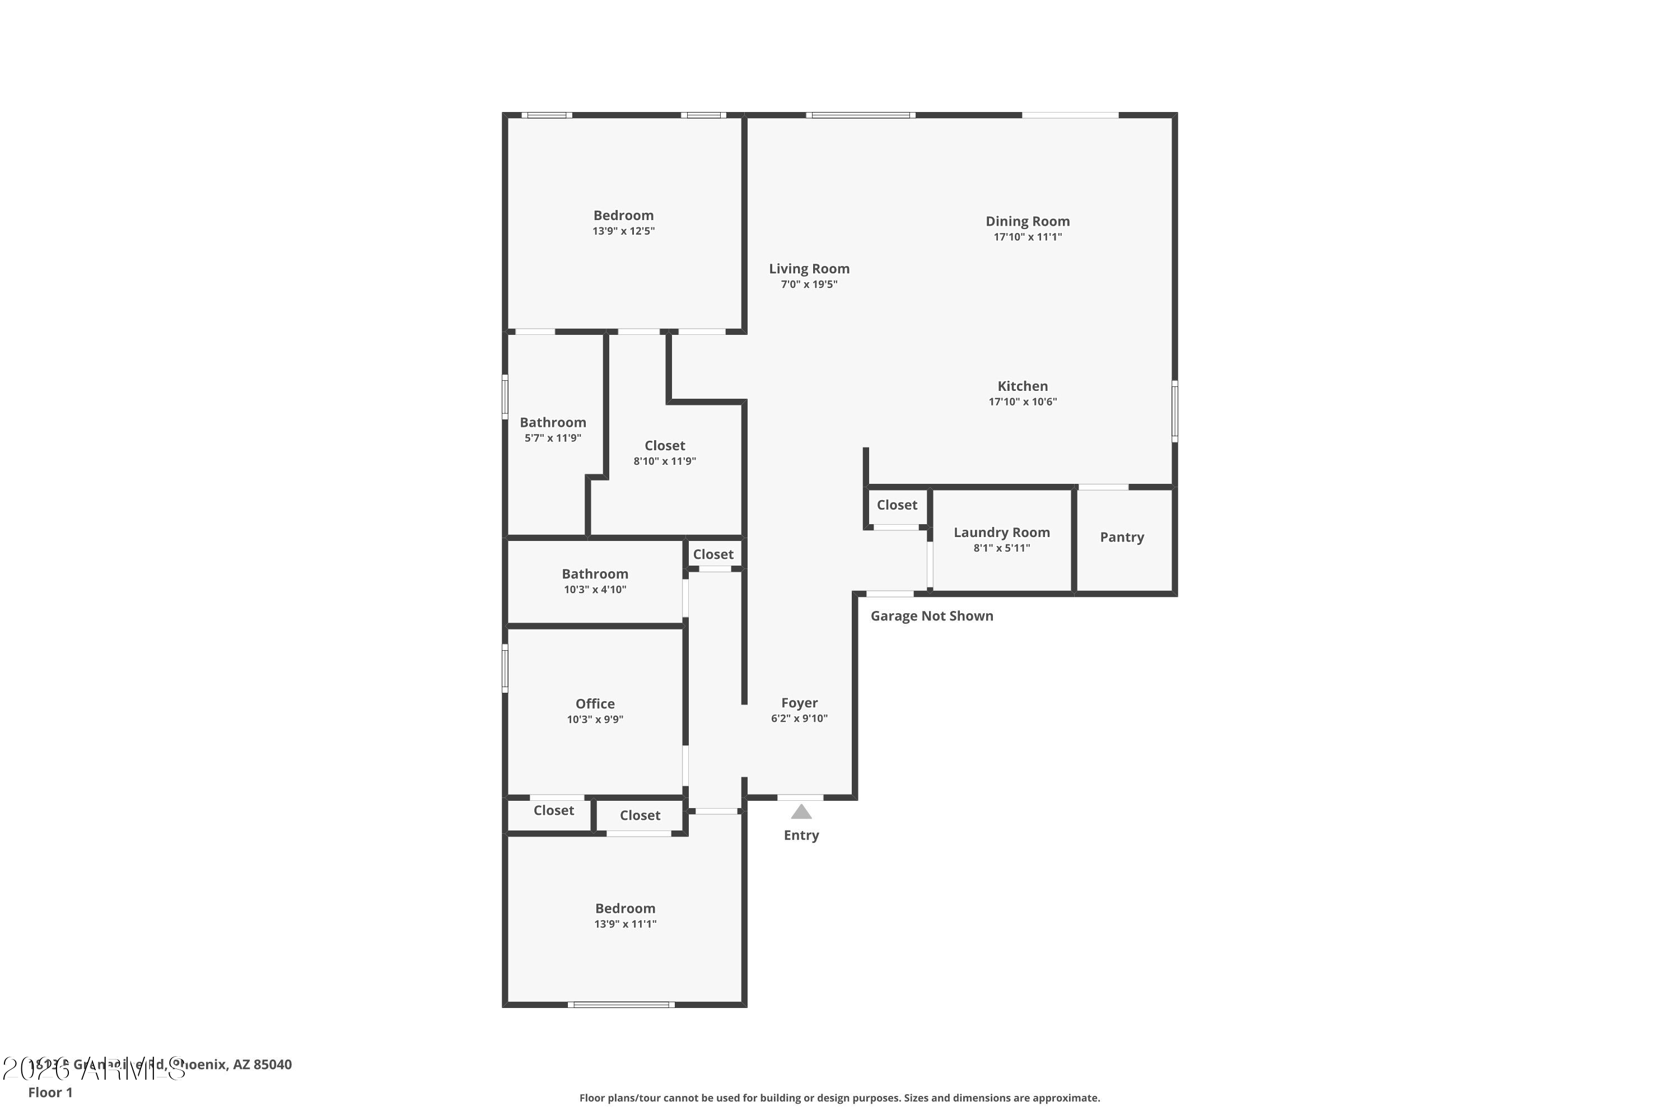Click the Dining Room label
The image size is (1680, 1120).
point(1027,221)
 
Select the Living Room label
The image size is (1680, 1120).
point(809,269)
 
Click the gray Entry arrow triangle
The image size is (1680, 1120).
point(801,812)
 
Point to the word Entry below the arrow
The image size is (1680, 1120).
point(801,835)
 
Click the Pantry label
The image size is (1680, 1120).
point(1122,537)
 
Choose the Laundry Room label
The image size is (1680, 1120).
point(1001,532)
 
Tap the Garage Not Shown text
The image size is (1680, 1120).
point(931,615)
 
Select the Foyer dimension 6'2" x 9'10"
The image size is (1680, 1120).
point(799,718)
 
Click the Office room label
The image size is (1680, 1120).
point(594,703)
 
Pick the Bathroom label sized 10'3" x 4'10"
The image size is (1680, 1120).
point(594,573)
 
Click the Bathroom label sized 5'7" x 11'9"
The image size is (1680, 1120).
point(552,422)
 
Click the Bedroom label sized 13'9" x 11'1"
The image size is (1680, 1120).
point(625,908)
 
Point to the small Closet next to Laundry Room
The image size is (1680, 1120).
point(897,505)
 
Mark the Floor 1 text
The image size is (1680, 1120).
point(50,1092)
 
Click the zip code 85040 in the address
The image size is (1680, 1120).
point(272,1065)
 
